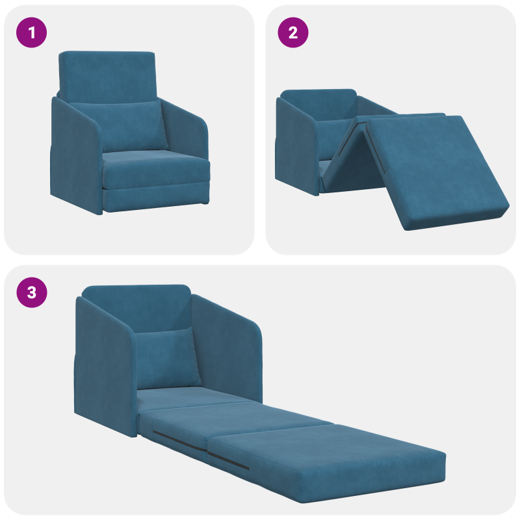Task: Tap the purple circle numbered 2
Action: click(293, 33)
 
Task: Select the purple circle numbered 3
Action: click(32, 293)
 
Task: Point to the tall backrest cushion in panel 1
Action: click(107, 71)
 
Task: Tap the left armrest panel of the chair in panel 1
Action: click(75, 156)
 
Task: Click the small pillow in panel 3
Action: click(168, 357)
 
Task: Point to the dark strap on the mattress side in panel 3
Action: click(195, 448)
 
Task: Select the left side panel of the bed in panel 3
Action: click(104, 364)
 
